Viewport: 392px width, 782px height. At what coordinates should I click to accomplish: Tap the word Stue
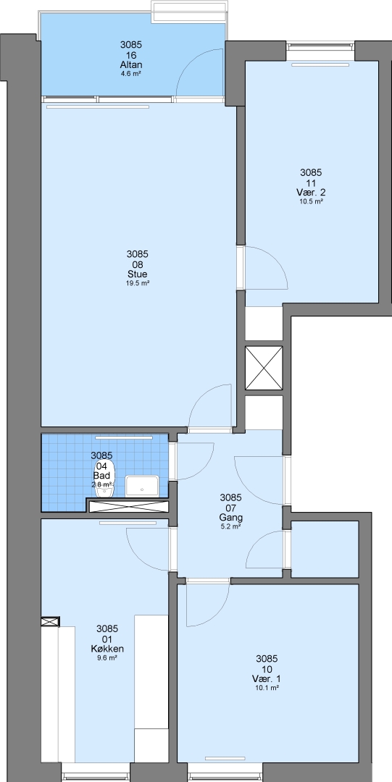click(138, 274)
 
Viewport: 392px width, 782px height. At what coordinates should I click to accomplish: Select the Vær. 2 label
click(311, 193)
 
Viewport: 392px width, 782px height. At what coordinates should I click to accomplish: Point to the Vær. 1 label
click(267, 678)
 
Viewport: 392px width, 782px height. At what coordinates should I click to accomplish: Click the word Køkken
click(107, 649)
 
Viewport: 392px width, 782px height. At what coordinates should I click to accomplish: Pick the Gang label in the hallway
click(231, 517)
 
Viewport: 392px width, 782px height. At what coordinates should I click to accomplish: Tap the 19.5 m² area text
click(138, 283)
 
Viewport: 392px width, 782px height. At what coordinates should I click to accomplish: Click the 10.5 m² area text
click(312, 201)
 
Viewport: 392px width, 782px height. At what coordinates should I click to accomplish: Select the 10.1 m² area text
click(267, 688)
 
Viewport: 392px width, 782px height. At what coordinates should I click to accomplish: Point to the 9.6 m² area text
click(107, 657)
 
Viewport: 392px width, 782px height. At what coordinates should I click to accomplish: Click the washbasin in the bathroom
click(142, 485)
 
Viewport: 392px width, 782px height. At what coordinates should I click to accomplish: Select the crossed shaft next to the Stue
click(264, 368)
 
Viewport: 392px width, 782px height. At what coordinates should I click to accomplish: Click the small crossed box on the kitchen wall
click(50, 621)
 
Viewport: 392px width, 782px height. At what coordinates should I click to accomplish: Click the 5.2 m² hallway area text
click(231, 526)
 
